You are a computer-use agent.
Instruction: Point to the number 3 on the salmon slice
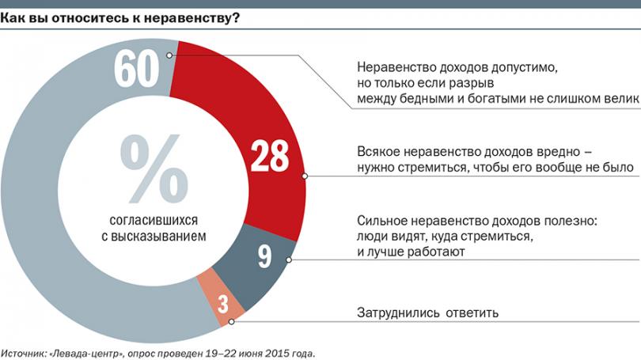[222, 305]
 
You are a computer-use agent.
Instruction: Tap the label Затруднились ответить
[427, 313]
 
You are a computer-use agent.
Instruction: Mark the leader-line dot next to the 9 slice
[290, 260]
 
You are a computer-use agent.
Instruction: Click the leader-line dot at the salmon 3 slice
[231, 321]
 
